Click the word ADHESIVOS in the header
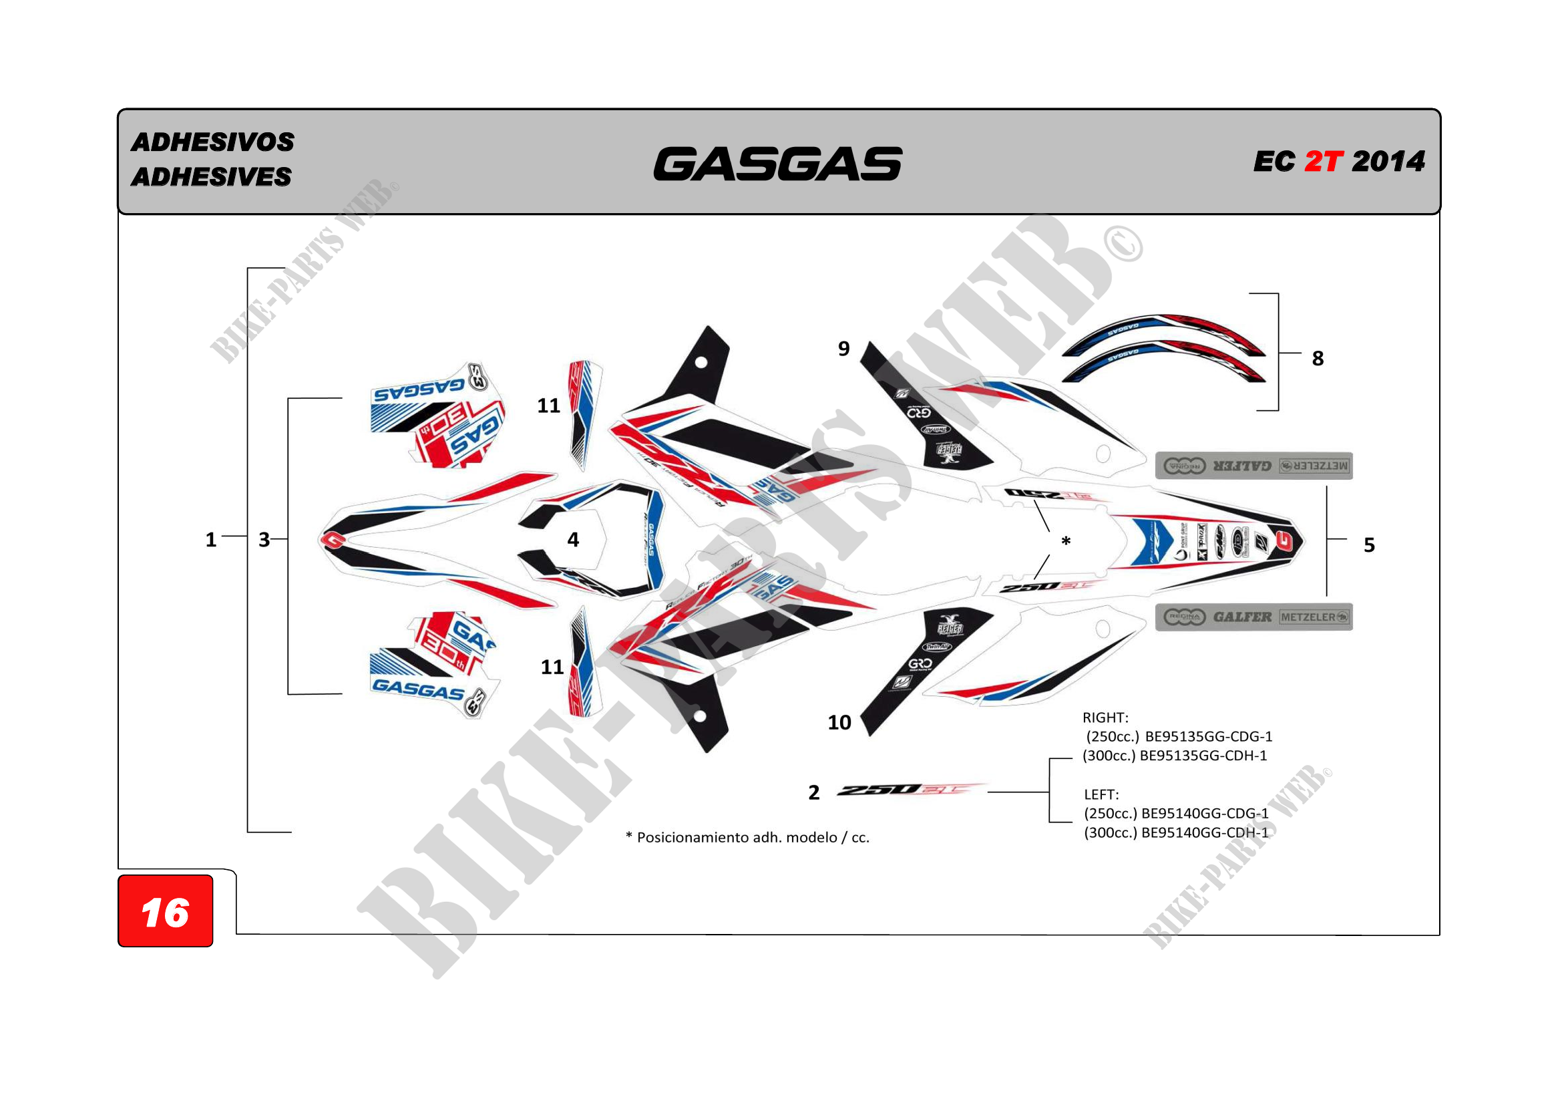(212, 142)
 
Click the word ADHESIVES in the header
(211, 177)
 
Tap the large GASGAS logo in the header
(777, 164)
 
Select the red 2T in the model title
(1323, 162)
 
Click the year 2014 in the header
(1388, 162)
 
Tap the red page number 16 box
(166, 912)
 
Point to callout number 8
(1318, 359)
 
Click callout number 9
(843, 349)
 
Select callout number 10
(839, 723)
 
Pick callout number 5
(1369, 545)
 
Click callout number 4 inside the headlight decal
(573, 540)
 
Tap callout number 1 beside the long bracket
(211, 540)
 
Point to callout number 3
(264, 540)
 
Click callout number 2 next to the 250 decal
(813, 793)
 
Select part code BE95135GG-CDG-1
(1208, 737)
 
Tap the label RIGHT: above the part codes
(1105, 718)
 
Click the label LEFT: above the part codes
(1101, 795)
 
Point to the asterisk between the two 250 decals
(1066, 542)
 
